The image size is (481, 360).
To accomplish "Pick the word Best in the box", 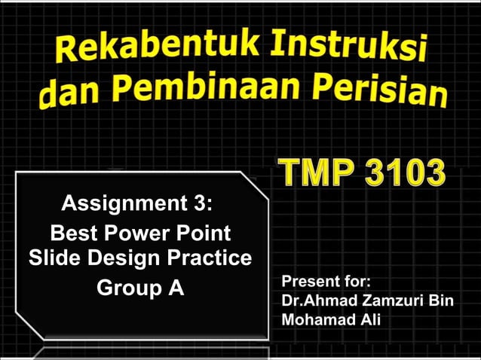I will coord(72,232).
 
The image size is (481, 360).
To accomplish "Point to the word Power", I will coord(136,232).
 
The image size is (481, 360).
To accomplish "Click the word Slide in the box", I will coord(53,258).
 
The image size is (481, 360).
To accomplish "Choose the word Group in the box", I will coord(124,288).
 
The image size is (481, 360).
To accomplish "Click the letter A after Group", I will coord(176,287).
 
